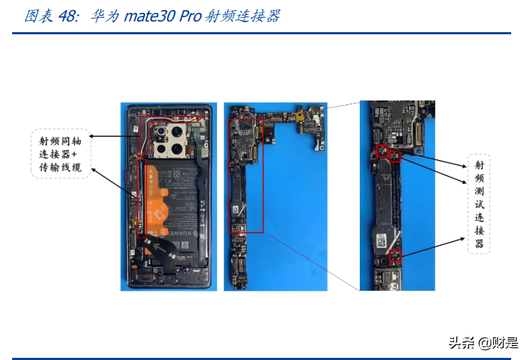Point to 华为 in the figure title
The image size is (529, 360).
102,16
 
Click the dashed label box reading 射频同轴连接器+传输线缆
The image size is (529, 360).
60,154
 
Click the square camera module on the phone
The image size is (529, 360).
170,141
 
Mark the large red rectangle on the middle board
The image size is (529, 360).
246,175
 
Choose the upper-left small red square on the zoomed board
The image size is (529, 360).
381,151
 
